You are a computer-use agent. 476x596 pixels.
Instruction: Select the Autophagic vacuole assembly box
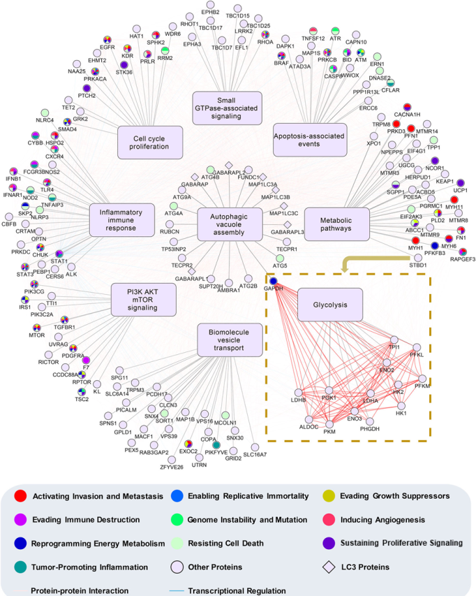pos(229,224)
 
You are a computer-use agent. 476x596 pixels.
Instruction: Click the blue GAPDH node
pos(274,281)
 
